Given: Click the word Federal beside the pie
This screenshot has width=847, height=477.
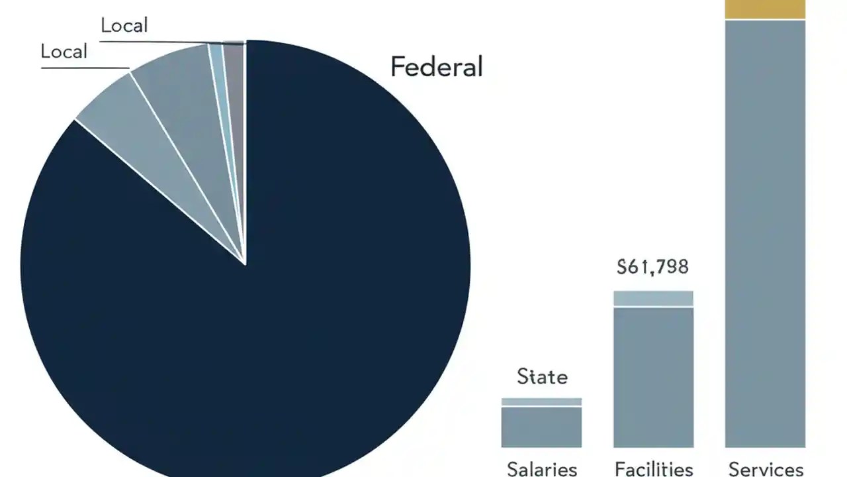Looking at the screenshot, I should [x=437, y=67].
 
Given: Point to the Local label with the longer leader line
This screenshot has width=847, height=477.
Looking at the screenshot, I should [x=124, y=26].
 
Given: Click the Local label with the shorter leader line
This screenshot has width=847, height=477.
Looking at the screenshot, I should [x=64, y=52].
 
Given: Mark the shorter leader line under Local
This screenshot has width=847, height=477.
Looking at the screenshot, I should [x=85, y=68].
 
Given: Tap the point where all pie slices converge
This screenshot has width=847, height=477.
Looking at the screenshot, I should [x=245, y=264].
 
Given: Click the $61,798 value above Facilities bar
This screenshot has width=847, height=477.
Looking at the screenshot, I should [x=652, y=267].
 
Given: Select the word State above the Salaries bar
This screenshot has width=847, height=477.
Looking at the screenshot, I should [x=542, y=377].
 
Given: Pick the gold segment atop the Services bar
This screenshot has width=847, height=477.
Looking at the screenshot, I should [x=765, y=9].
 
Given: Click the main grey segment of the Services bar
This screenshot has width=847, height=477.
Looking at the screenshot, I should [x=765, y=232].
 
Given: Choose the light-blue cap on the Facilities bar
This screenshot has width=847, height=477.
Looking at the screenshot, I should [x=653, y=298].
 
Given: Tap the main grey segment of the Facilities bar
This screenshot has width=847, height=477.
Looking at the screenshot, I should [x=653, y=378].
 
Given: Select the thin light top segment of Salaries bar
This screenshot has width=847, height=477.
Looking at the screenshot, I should [x=541, y=401].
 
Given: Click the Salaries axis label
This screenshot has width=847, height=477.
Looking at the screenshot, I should [x=541, y=469].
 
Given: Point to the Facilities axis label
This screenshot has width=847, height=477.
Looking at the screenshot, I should [x=653, y=469].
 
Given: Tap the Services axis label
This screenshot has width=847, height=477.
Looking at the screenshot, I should [x=765, y=469].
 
